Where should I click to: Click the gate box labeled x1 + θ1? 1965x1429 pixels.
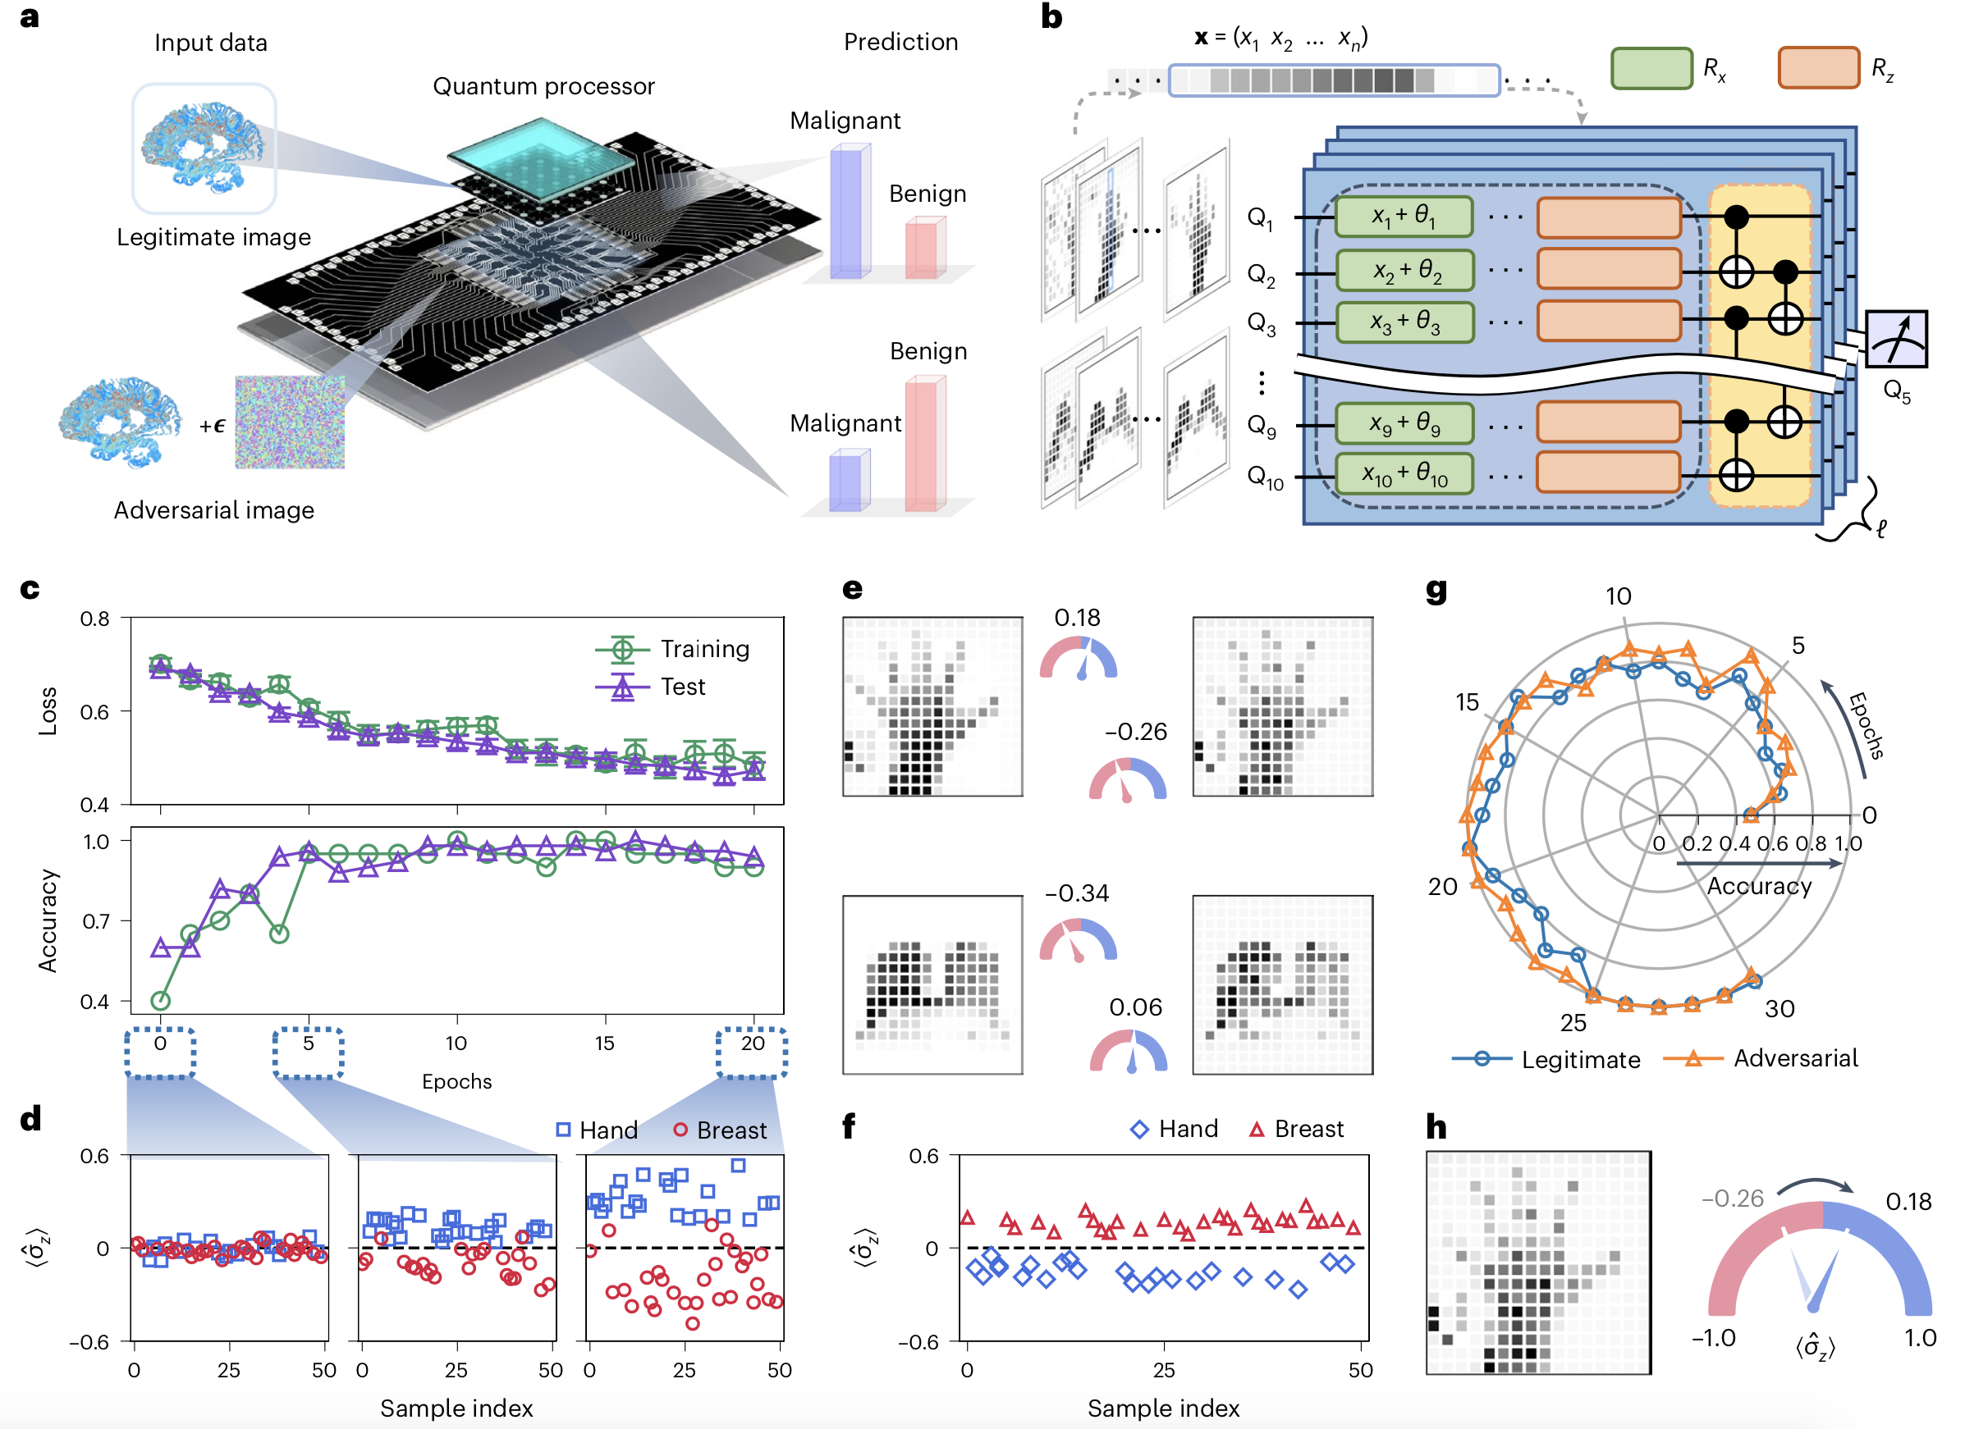pos(1404,217)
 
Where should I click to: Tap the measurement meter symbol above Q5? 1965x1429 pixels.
pos(1896,340)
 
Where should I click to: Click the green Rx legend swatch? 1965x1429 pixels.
pos(1651,68)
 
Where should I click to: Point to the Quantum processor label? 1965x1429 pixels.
pos(543,87)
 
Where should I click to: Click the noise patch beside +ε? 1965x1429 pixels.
pos(290,422)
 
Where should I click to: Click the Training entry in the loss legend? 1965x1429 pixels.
pos(673,649)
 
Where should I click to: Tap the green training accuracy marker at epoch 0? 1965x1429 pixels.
pos(160,1001)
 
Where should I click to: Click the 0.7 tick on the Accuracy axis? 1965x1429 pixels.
pos(95,920)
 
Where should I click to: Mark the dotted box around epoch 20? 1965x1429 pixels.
pos(751,1052)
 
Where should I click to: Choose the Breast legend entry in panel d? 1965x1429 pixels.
pos(720,1130)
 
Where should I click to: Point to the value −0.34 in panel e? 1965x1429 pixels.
pos(1076,893)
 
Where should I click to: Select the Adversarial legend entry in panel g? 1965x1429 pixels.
pos(1762,1058)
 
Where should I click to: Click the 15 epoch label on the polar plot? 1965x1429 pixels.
pos(1467,702)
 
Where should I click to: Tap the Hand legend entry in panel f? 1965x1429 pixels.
pos(1175,1130)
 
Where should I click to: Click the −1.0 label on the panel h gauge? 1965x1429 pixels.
pos(1713,1338)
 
